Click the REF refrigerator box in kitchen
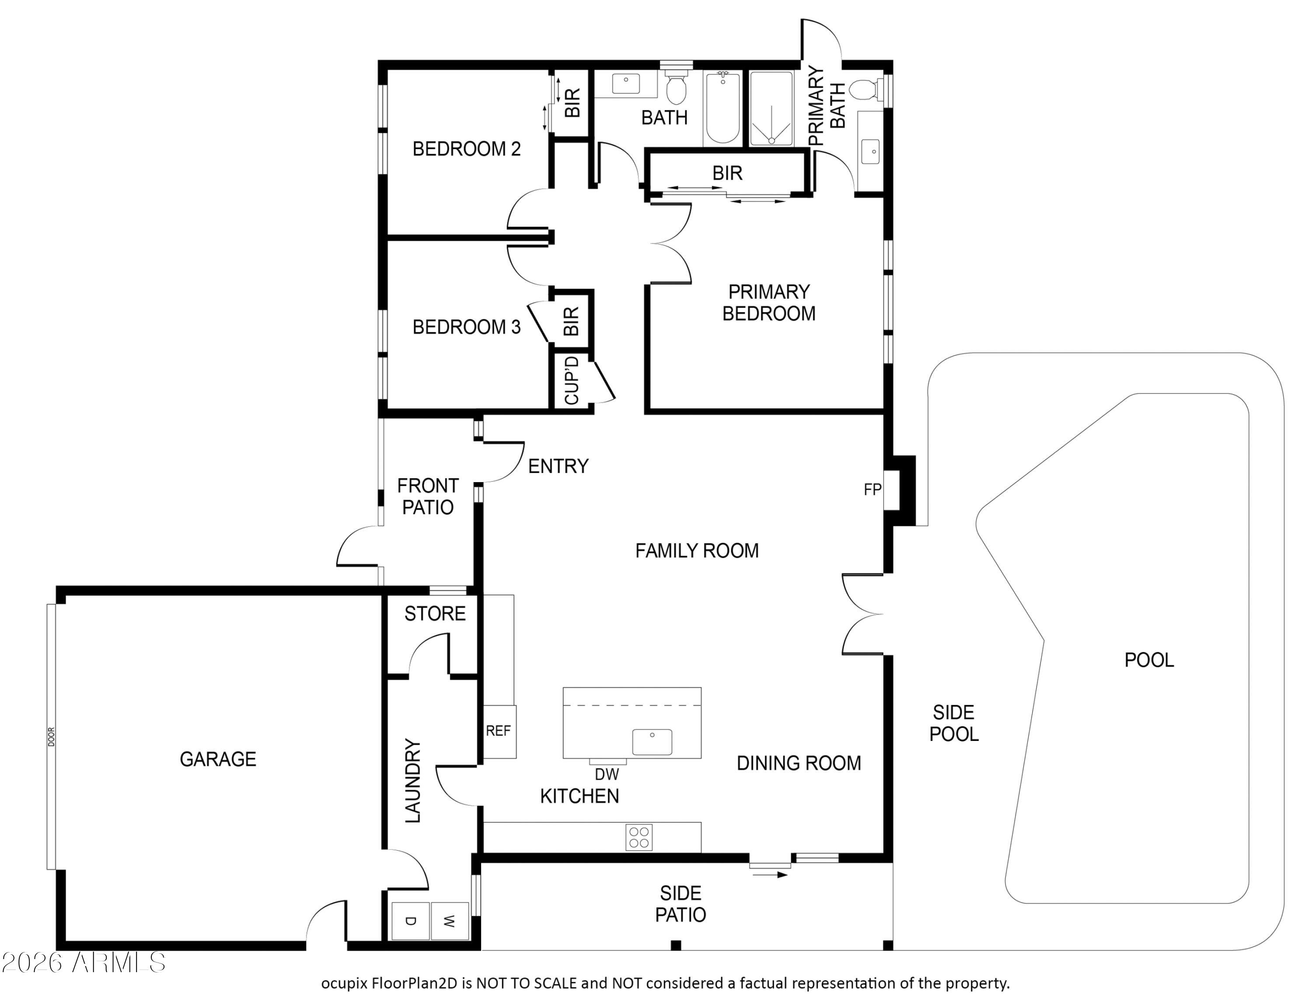pyautogui.click(x=499, y=731)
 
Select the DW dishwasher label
pyautogui.click(x=607, y=775)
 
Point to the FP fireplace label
pyautogui.click(x=872, y=490)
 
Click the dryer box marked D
pyautogui.click(x=411, y=921)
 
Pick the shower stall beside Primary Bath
pyautogui.click(x=771, y=108)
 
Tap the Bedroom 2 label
pyautogui.click(x=466, y=148)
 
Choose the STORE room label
pyautogui.click(x=435, y=613)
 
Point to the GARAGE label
pyautogui.click(x=218, y=759)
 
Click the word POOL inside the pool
pyautogui.click(x=1149, y=660)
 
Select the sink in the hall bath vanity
pyautogui.click(x=625, y=83)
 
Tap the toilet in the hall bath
pyautogui.click(x=677, y=87)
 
